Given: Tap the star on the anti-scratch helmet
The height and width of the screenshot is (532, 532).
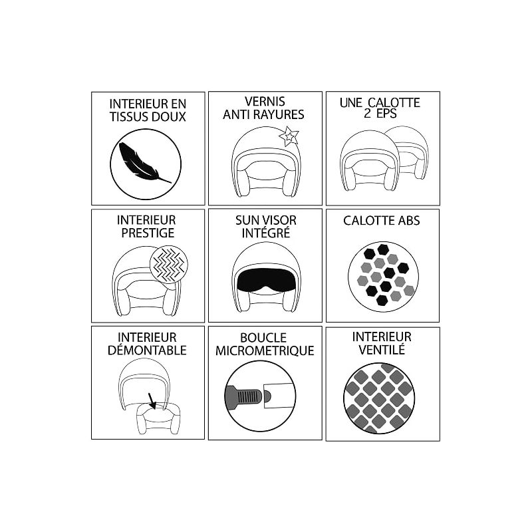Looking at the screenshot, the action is pyautogui.click(x=289, y=136).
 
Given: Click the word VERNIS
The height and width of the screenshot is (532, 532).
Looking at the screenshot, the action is pyautogui.click(x=265, y=102).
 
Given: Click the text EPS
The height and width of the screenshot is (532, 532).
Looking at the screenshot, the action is pyautogui.click(x=386, y=114).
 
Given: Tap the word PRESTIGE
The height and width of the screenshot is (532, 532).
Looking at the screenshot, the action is pyautogui.click(x=148, y=233).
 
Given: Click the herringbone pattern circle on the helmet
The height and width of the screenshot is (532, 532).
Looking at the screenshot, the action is pyautogui.click(x=169, y=264).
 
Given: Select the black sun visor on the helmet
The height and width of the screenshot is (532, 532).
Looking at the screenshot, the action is pyautogui.click(x=265, y=281).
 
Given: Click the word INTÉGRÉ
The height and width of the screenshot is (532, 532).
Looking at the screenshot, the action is pyautogui.click(x=266, y=233).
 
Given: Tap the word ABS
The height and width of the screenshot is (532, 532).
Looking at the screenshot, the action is pyautogui.click(x=409, y=221).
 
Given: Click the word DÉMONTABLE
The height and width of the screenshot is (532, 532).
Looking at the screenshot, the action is pyautogui.click(x=147, y=350).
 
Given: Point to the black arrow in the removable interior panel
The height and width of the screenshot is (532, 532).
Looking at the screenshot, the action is pyautogui.click(x=152, y=401).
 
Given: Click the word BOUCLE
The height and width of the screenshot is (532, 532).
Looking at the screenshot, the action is pyautogui.click(x=263, y=338).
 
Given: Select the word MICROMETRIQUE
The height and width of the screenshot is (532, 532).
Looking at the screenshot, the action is pyautogui.click(x=265, y=351).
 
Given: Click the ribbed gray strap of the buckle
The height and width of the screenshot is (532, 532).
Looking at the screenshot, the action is pyautogui.click(x=243, y=396).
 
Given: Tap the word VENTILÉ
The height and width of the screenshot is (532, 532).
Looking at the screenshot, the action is pyautogui.click(x=382, y=350).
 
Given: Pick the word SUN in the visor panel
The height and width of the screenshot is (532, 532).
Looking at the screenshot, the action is pyautogui.click(x=247, y=221).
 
